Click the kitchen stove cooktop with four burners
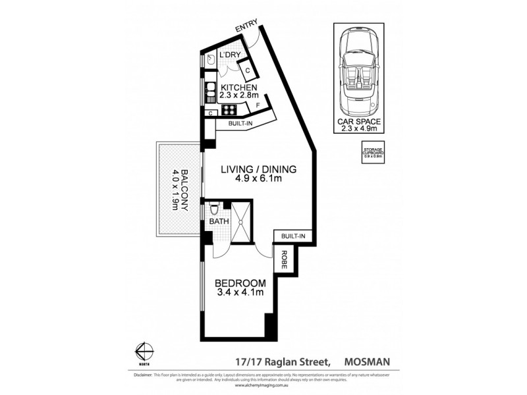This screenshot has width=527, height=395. pos(230,110)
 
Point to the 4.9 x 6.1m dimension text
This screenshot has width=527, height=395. pos(258,179)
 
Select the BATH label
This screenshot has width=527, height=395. pos(219,222)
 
